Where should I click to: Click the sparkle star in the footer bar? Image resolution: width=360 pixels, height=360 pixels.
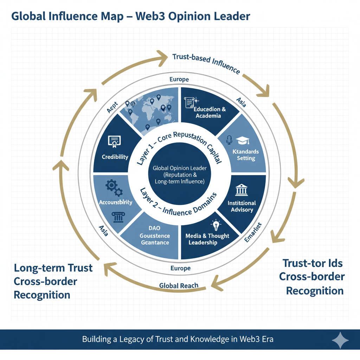click(340, 340)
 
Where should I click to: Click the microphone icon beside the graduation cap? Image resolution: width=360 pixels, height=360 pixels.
click(229, 140)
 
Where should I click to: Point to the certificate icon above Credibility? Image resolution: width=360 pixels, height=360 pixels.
click(113, 141)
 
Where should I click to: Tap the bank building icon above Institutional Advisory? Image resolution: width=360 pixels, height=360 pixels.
click(242, 190)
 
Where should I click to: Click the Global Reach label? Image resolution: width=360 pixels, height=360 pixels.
click(179, 285)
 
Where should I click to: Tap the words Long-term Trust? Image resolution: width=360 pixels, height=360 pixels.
click(53, 268)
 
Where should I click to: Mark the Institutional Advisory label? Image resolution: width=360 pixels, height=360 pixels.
click(242, 206)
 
